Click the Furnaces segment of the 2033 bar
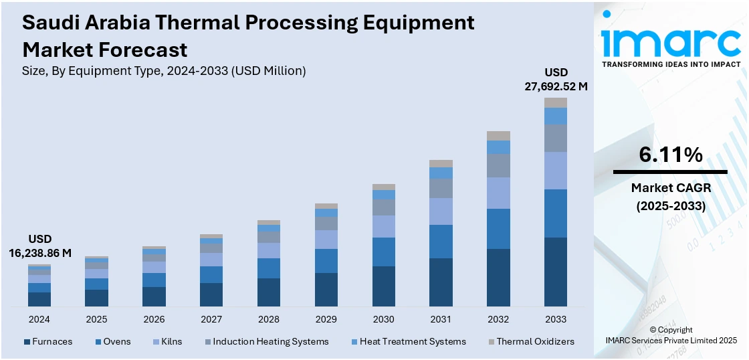coord(555,272)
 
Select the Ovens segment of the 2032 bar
coord(498,229)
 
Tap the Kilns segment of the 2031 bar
coord(441,211)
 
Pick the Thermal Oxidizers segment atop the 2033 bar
coord(555,102)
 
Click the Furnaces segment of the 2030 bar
coord(383,286)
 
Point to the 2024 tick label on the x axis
coord(39,319)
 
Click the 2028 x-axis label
coord(269,319)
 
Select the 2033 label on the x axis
coord(555,319)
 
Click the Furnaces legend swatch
coord(27,342)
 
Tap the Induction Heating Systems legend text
coord(271,342)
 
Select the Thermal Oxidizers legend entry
coord(535,342)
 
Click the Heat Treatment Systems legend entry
coord(413,342)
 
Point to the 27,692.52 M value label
coord(556,86)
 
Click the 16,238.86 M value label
coord(40,252)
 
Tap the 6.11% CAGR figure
coord(671,155)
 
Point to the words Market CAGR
coord(671,188)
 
